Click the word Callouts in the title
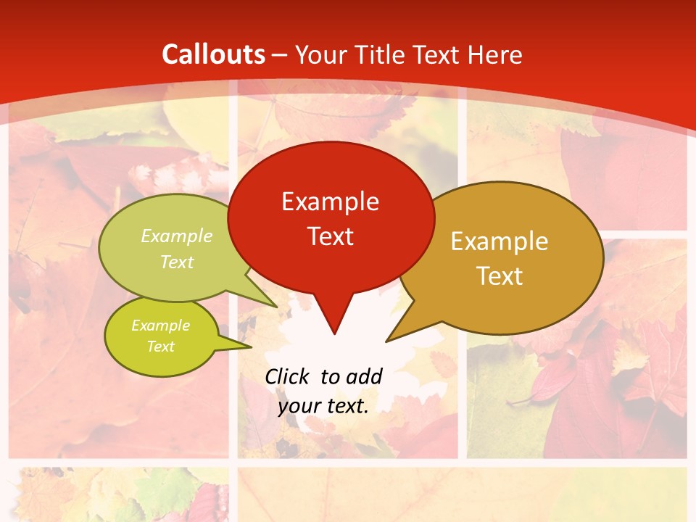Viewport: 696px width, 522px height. point(213,54)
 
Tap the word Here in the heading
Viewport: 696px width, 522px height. point(497,54)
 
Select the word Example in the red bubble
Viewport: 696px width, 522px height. point(330,201)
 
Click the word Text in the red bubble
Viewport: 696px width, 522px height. point(330,236)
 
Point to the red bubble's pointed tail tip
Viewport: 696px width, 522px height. point(334,334)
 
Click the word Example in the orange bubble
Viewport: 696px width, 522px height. point(500,241)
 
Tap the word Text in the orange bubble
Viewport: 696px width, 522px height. point(500,275)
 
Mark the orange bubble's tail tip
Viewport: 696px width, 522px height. point(386,341)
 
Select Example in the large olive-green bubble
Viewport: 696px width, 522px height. point(177,236)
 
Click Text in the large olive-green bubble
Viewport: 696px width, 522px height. point(177,262)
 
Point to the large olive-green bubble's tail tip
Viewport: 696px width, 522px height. point(277,307)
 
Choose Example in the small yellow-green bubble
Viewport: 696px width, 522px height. point(160,326)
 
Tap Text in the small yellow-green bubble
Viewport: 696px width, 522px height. point(160,347)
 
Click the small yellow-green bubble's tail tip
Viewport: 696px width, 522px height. point(251,346)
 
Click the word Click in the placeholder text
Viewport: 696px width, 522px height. point(289,376)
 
